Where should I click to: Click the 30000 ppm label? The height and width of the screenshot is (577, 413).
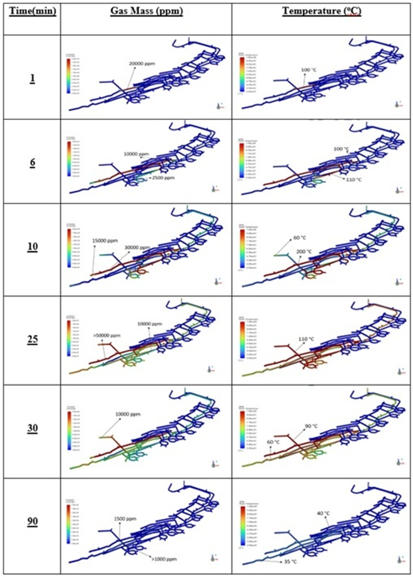[x=137, y=247]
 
